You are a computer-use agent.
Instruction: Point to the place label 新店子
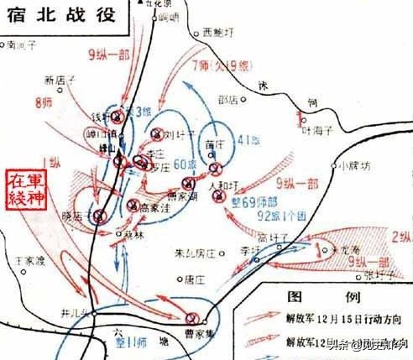pos(60,81)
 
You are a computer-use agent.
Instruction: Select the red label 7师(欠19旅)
pos(221,65)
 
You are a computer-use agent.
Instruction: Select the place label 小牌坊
pos(351,164)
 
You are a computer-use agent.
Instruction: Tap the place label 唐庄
pos(195,280)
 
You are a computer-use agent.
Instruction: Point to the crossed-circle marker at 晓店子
pos(100,216)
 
